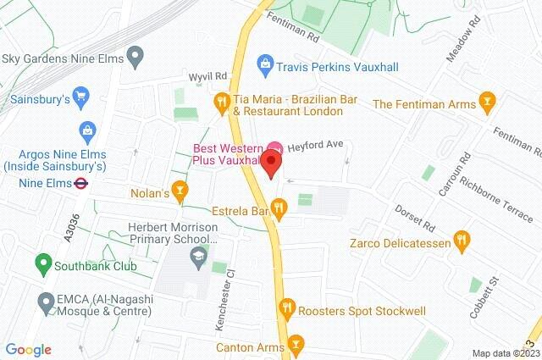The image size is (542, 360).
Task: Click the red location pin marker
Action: tap(272, 162)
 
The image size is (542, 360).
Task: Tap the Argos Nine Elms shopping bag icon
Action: tap(87, 130)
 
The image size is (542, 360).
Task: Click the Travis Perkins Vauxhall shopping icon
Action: tap(266, 63)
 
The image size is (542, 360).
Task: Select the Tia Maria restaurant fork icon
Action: tap(222, 102)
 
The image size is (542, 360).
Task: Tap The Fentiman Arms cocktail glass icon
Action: tap(486, 104)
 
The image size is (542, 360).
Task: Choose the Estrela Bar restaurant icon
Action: tap(280, 206)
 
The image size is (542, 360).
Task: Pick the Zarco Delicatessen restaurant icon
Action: tap(462, 241)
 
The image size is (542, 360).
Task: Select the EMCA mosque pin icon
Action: tap(46, 301)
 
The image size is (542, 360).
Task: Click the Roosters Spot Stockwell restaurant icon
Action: tap(288, 310)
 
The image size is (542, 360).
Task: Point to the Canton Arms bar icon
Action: tap(295, 345)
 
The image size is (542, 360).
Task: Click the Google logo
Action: tap(28, 349)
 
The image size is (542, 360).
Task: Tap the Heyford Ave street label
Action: tap(313, 145)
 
